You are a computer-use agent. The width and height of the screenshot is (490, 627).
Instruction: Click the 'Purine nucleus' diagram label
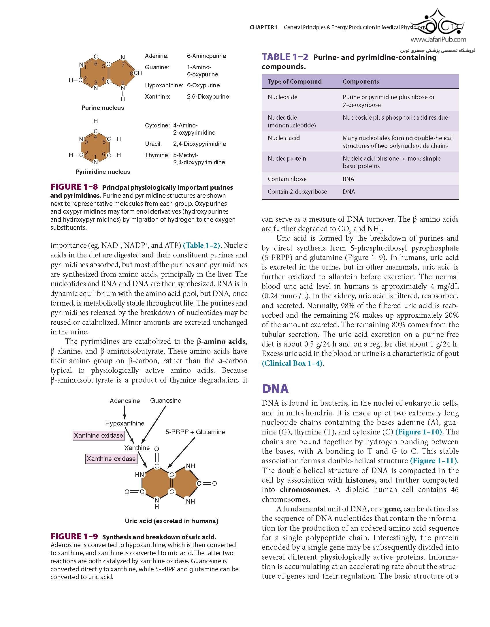click(x=103, y=108)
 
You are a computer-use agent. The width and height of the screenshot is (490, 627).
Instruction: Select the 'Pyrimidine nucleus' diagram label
click(x=103, y=172)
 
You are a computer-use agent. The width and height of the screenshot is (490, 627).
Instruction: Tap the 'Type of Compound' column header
click(x=295, y=82)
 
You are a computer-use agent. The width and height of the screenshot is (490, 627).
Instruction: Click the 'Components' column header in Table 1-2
click(x=361, y=82)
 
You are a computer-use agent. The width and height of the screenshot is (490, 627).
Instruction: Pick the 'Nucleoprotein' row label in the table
click(x=287, y=159)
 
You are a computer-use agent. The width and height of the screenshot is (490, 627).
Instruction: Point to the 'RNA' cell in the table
click(x=348, y=179)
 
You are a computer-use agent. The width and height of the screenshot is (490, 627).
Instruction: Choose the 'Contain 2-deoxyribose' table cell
click(x=297, y=192)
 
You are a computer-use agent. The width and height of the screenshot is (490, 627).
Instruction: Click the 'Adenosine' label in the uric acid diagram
click(x=125, y=401)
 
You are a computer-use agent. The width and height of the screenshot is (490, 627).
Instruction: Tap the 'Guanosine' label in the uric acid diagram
click(x=165, y=400)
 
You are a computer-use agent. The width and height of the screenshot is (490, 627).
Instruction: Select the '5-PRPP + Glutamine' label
click(x=195, y=432)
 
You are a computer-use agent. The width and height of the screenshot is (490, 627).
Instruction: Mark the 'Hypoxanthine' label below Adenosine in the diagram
click(x=125, y=423)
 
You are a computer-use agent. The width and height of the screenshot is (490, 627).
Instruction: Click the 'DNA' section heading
click(x=275, y=389)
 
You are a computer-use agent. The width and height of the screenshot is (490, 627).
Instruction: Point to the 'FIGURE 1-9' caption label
click(x=74, y=536)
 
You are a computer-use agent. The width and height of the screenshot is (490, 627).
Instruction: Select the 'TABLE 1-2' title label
click(x=285, y=57)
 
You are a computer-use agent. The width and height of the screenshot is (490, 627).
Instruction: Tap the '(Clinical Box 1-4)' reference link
click(x=292, y=363)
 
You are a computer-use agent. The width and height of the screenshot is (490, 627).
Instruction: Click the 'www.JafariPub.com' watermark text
click(x=438, y=39)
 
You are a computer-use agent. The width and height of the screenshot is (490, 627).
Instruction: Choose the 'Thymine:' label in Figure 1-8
click(x=157, y=155)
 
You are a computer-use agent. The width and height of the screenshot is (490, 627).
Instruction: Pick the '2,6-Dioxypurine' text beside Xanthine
click(x=208, y=97)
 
